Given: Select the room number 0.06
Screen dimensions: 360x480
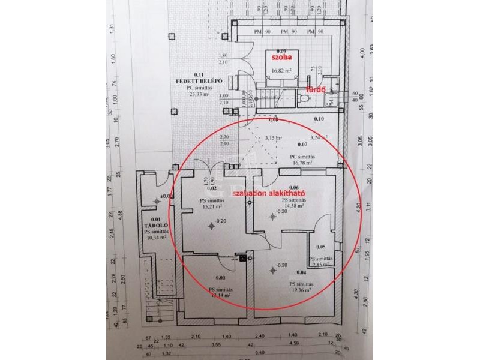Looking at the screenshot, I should [293, 187].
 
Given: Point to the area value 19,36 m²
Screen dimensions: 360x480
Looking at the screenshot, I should [300, 290].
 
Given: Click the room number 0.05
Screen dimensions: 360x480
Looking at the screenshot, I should [320, 247].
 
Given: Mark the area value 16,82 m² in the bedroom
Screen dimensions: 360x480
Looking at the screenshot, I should [281, 70].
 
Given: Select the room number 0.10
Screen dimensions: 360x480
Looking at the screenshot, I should [319, 119].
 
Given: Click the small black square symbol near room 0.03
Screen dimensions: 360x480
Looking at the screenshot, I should [243, 259].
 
